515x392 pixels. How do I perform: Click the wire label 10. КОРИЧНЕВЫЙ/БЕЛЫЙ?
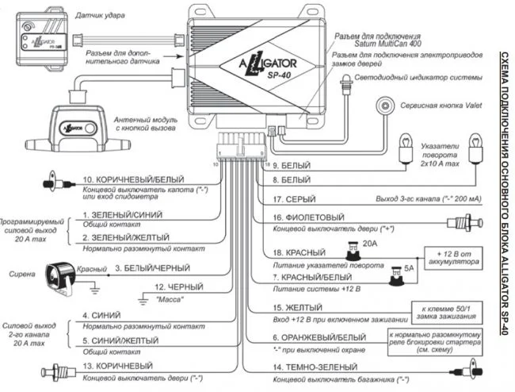click(129, 181)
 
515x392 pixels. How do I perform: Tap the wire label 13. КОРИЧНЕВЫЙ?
click(117, 365)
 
